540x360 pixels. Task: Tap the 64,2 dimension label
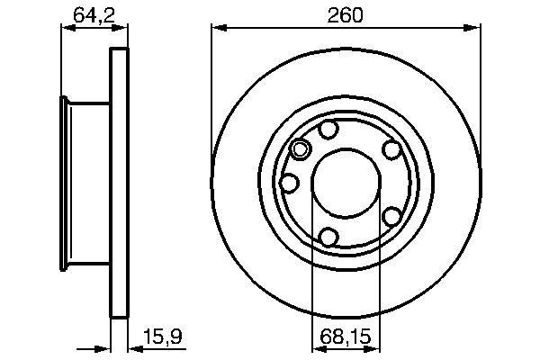88,15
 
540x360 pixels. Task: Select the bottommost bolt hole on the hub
329,237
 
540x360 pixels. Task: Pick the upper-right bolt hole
391,150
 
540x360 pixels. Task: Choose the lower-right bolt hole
392,216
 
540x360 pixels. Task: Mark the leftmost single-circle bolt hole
290,183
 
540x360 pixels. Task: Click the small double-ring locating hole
301,150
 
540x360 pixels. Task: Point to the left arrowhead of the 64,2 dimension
66,29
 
